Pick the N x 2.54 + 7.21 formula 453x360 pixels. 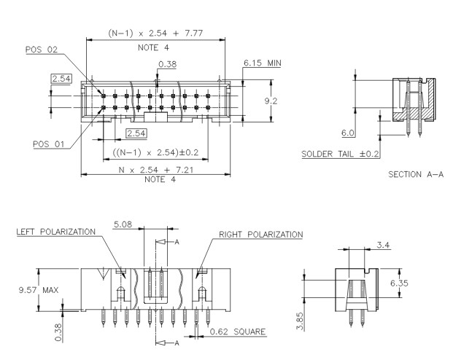coord(154,168)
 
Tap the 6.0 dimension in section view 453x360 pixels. coord(348,133)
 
